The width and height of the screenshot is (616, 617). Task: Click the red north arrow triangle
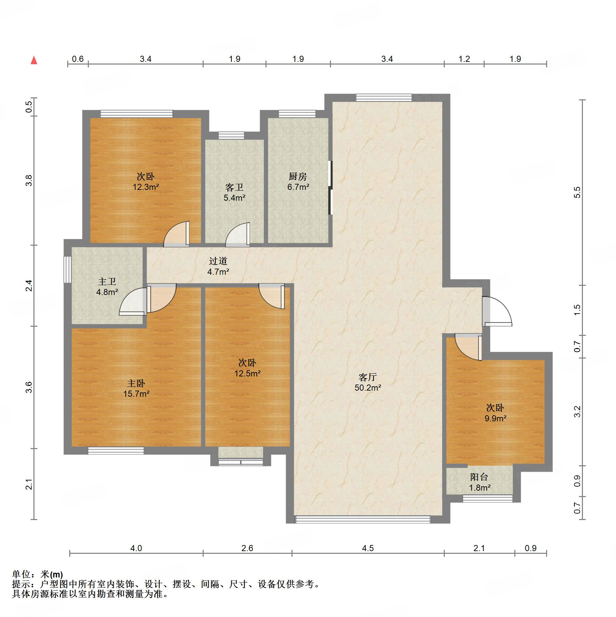34,60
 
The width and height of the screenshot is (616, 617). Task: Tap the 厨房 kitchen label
298,176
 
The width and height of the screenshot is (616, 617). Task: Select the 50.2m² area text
368,388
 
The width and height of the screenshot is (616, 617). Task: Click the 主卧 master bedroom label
136,383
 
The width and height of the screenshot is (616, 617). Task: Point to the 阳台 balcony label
479,477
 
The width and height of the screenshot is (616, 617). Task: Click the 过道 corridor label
218,261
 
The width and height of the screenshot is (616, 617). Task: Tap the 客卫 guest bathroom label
234,187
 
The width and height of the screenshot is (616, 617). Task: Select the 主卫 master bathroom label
107,281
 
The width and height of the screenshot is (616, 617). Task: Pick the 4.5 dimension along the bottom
368,548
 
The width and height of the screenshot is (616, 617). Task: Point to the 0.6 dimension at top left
78,59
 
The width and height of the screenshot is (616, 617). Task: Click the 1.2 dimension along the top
464,59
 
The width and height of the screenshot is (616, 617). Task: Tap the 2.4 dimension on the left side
29,286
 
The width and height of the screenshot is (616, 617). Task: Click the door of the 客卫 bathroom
238,235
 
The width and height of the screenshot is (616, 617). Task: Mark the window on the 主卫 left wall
68,269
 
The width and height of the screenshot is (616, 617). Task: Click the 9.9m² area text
495,418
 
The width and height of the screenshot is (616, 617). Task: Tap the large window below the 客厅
363,519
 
